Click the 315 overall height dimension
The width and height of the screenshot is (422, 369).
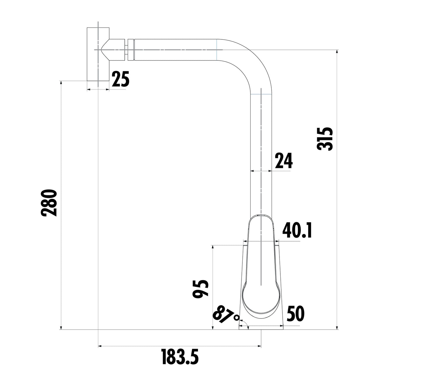325,139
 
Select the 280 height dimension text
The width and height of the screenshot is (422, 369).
49,203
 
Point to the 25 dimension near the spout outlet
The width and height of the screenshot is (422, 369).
120,79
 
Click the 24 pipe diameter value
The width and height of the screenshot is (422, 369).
283,161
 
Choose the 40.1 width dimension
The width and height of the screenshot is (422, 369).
297,230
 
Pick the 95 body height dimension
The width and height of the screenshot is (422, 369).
201,289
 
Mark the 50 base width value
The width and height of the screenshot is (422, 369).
296,314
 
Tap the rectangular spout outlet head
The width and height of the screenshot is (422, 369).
98,54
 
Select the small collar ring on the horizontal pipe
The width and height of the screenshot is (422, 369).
131,50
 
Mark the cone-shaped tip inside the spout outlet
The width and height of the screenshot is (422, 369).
105,50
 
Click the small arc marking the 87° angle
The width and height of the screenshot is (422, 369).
246,325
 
